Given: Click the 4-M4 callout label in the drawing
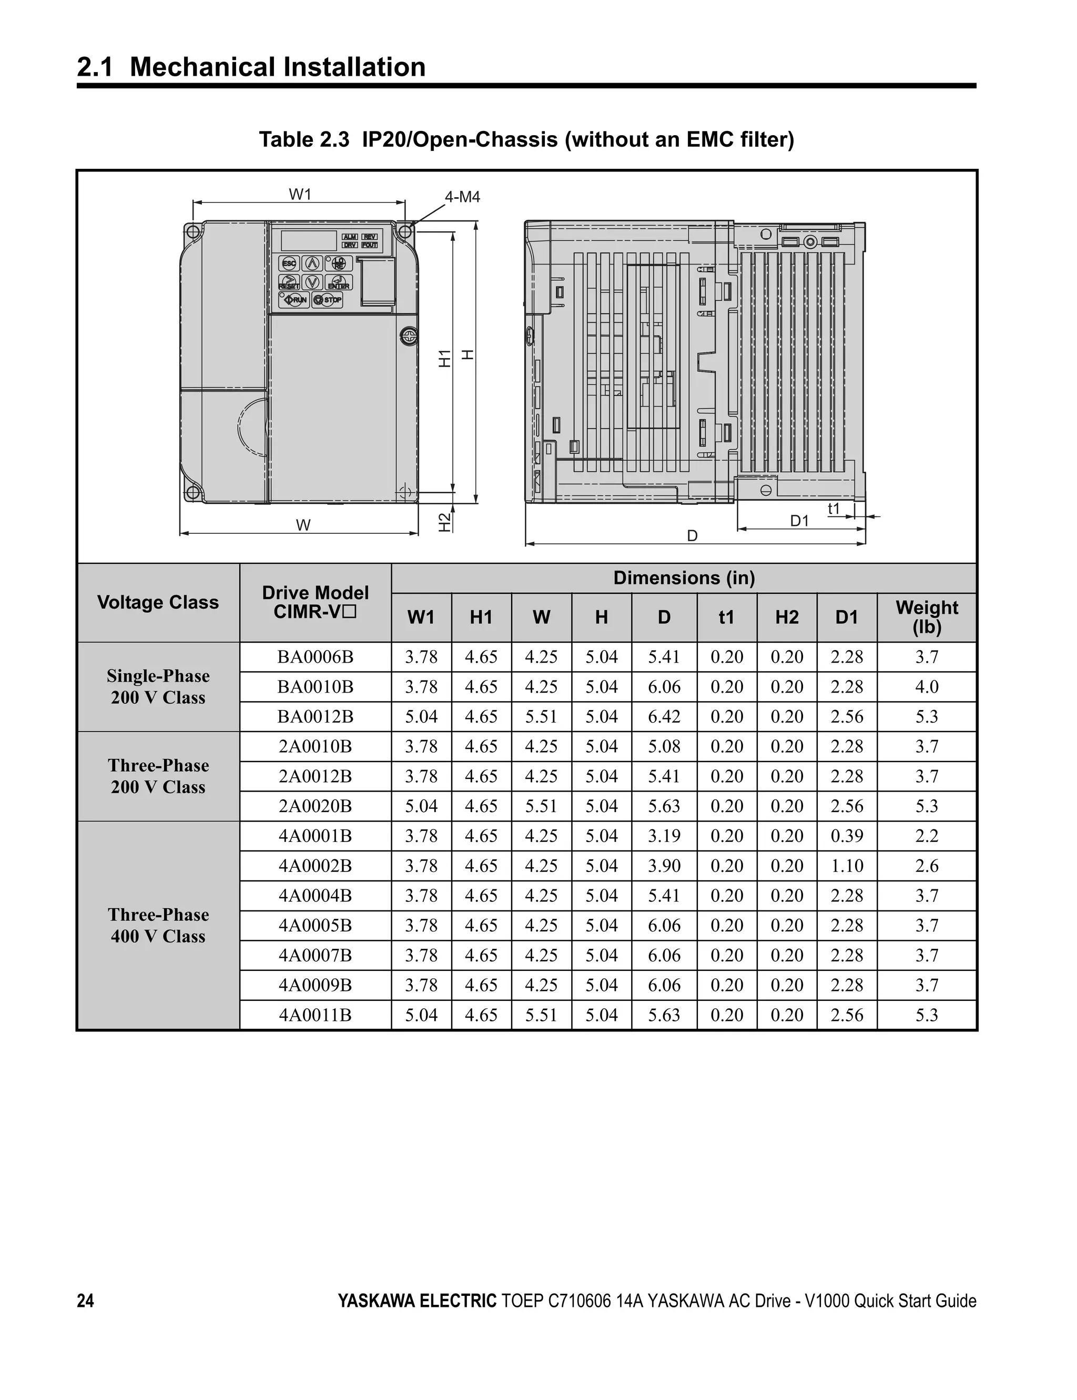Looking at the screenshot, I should (x=462, y=197).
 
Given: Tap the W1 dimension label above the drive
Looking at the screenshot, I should (x=300, y=194).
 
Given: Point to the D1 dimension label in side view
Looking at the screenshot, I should (x=799, y=521).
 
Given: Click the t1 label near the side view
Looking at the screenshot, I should (x=834, y=509).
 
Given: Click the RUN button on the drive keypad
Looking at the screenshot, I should (x=294, y=299).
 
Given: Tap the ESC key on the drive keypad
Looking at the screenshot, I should (x=289, y=263).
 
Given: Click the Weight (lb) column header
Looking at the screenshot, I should (x=927, y=617).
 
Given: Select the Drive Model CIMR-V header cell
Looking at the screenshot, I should (x=315, y=602).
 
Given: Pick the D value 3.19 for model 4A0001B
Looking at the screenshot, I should (x=664, y=836).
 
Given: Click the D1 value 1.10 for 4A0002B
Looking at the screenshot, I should (x=847, y=866).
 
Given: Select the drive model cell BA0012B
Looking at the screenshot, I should (x=315, y=717).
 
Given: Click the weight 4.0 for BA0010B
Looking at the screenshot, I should (x=927, y=686).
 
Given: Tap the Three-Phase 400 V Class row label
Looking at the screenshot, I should (x=158, y=925).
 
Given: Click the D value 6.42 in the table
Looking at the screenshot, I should (x=664, y=717).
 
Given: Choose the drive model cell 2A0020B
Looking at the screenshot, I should (x=315, y=806).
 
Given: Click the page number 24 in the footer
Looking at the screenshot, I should (x=85, y=1301).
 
